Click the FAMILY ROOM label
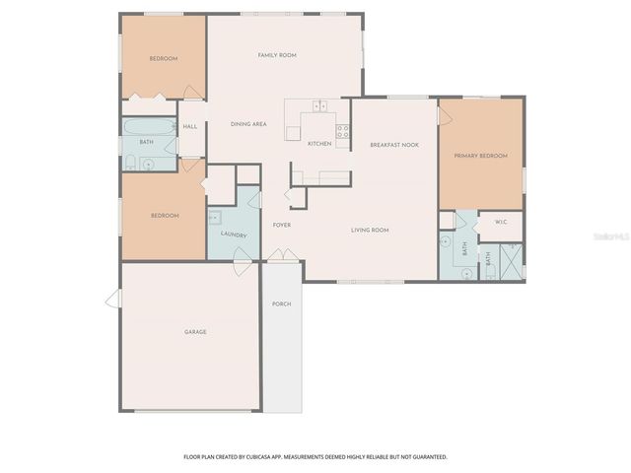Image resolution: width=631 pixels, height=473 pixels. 277,55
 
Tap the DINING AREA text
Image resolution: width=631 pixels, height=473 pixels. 248,124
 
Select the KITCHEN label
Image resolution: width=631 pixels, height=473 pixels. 319,144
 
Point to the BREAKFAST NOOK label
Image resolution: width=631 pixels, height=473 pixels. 394,145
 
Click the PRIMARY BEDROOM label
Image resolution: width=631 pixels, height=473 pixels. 480,156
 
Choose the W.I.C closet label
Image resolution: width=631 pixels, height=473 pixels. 500,222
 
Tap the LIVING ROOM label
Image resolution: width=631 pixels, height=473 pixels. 370,230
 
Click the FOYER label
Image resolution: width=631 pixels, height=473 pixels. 282,225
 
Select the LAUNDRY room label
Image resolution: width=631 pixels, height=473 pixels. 234,235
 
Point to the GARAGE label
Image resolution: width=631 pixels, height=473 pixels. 195,332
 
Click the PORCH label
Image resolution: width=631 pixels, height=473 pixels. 281,304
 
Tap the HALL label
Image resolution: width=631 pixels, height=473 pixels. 190,126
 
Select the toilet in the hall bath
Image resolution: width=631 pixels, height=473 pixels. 131,163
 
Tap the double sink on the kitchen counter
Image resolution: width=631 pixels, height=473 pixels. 320,104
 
